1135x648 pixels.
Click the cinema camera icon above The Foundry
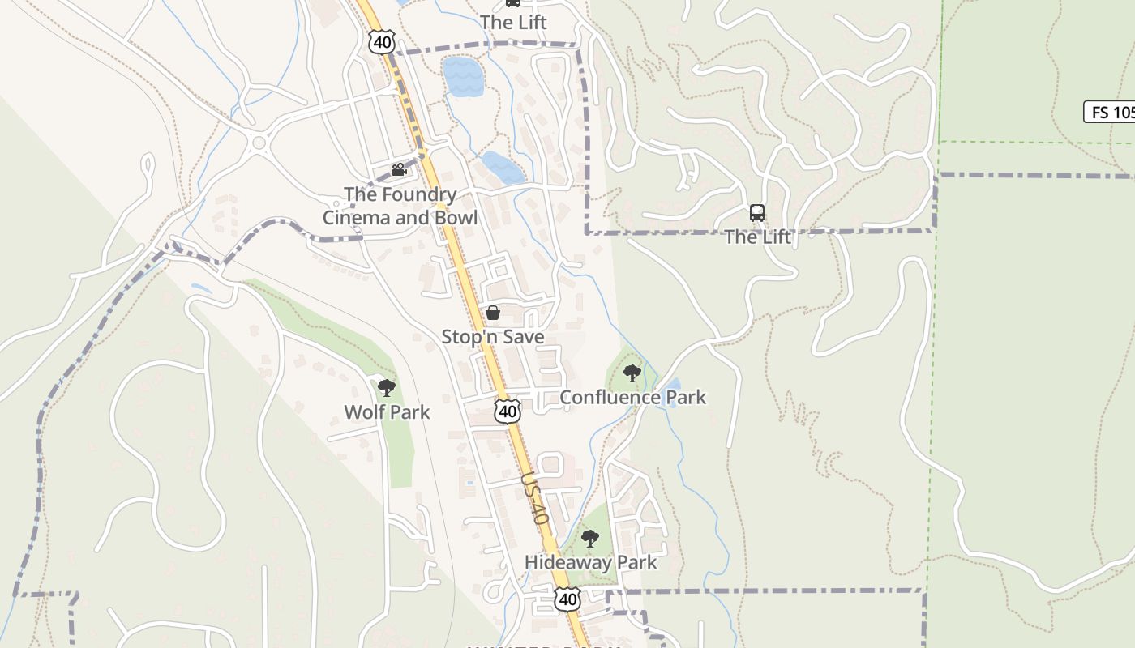point(398,170)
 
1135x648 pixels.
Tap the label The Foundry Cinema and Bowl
point(400,207)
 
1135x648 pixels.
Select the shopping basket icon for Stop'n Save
point(492,313)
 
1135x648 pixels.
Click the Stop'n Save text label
point(492,336)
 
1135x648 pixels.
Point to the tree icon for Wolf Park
point(387,388)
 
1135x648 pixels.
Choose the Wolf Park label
point(387,412)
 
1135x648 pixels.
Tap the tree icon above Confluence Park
point(632,373)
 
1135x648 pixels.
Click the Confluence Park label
point(632,397)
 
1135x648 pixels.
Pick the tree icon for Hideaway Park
point(590,539)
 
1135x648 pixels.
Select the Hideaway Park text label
point(590,562)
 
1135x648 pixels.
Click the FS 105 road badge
point(1110,112)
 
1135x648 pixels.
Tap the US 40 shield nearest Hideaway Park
point(567,599)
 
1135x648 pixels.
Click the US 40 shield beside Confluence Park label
point(508,411)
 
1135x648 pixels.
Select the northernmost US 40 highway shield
point(380,42)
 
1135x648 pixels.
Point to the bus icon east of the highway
point(756,213)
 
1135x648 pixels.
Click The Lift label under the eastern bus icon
point(756,237)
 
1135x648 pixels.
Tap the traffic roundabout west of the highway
point(259,144)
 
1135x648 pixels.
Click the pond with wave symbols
point(463,77)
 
